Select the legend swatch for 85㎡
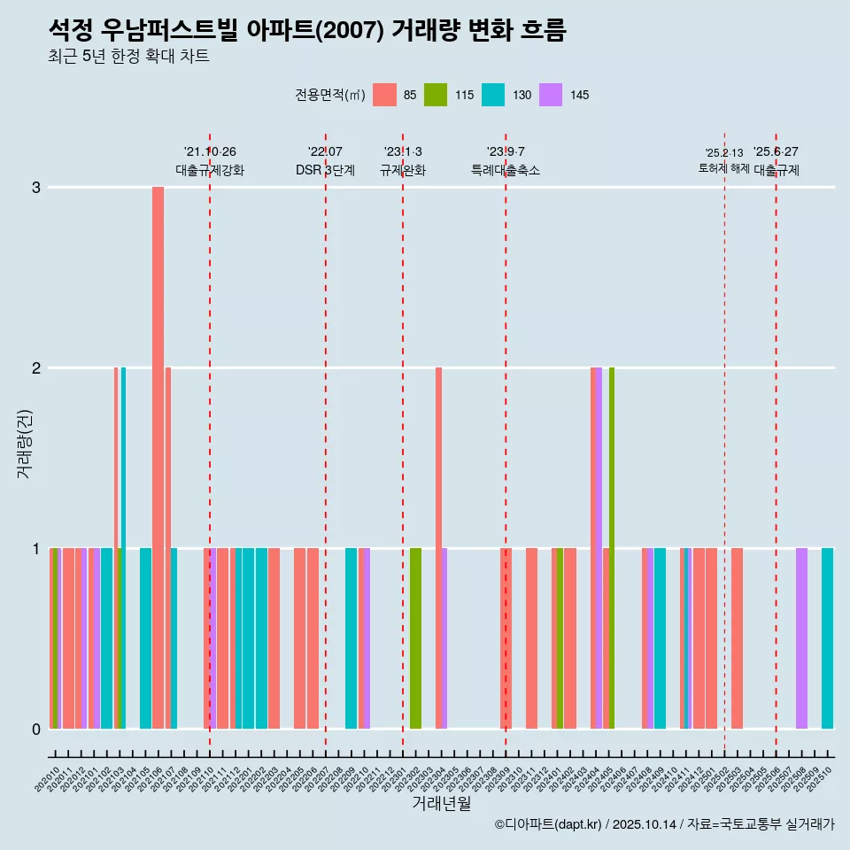pos(384,95)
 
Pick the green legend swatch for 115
pos(436,95)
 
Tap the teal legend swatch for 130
pos(493,95)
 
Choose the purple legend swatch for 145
pos(551,95)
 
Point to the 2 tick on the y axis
pos(36,368)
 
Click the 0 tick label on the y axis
pos(36,730)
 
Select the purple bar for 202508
pos(801,637)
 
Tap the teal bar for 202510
pos(827,637)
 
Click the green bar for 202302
pos(415,637)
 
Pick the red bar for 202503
pos(737,637)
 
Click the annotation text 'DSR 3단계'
pos(325,171)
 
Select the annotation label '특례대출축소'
pos(505,171)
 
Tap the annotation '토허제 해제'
pos(723,168)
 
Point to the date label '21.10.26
pos(210,152)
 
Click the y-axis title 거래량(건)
pos(24,443)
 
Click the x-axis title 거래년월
pos(441,803)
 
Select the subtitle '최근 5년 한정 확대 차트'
pos(128,57)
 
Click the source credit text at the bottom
pos(664,824)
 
